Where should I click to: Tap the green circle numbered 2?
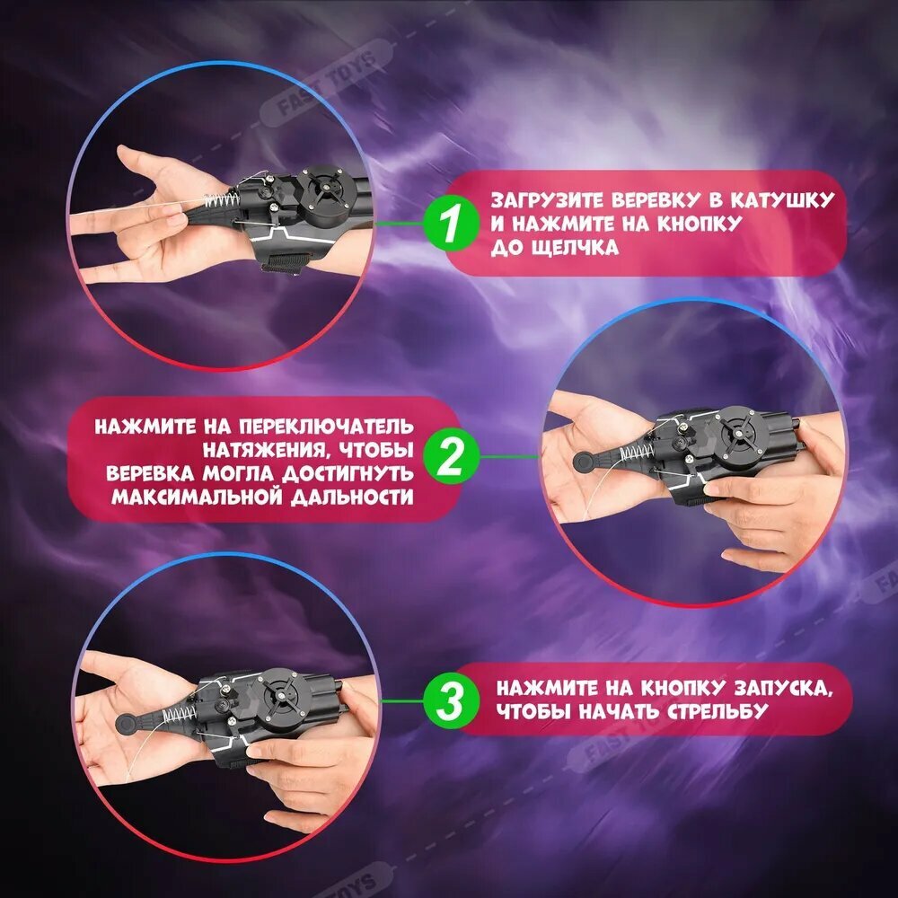[451, 457]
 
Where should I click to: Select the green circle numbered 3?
[451, 700]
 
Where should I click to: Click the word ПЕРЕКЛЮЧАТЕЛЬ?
[326, 427]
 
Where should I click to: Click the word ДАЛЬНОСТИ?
[352, 497]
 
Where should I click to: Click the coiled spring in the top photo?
[222, 201]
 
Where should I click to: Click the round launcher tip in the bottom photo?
[127, 724]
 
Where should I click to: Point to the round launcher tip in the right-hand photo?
[585, 461]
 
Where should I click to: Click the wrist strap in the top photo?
[285, 261]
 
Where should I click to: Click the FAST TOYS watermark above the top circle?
[327, 83]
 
